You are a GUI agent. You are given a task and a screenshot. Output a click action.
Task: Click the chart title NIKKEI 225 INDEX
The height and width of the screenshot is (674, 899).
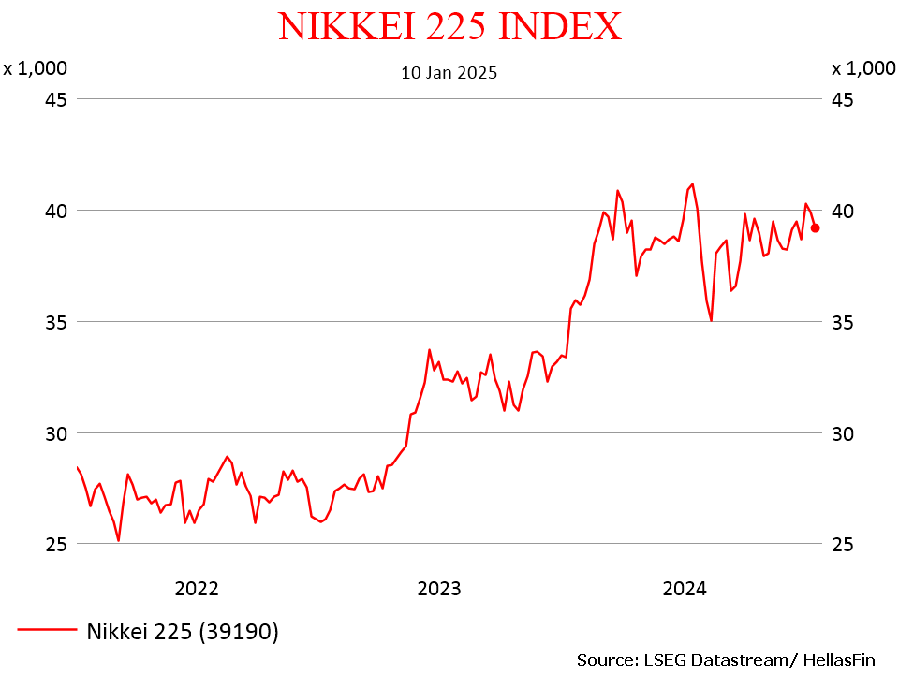pos(449,26)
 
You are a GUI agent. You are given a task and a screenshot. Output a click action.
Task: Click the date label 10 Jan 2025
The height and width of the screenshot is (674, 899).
pos(449,72)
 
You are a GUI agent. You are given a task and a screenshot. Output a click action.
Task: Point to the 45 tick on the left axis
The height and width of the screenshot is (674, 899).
pos(56,99)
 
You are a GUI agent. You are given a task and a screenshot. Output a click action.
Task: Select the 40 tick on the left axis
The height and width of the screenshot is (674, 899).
pos(56,211)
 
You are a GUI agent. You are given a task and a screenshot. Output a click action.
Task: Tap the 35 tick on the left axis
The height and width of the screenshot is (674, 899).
pos(56,322)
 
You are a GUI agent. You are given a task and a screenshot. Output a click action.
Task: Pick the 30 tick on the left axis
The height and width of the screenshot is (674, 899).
pos(56,433)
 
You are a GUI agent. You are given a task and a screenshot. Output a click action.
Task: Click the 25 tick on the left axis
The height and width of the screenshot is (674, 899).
pos(56,544)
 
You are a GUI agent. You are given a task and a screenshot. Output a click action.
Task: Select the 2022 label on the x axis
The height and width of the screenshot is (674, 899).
pos(197,589)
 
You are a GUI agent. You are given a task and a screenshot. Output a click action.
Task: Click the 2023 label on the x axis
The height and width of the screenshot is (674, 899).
pos(439,589)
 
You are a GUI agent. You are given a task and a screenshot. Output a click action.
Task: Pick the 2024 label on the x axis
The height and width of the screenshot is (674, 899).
pos(685,589)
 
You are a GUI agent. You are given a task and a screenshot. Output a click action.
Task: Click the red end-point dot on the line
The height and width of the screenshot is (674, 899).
pos(816,227)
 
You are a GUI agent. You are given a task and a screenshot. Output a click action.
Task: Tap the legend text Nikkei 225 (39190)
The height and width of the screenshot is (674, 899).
pos(183,632)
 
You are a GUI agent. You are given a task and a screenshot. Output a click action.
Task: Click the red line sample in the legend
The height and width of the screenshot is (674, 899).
pos(47,630)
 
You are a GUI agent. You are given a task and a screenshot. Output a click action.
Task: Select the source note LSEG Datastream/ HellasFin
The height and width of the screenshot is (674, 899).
pos(726,660)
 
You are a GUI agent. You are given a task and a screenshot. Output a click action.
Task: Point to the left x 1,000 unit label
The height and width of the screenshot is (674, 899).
pos(35,67)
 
